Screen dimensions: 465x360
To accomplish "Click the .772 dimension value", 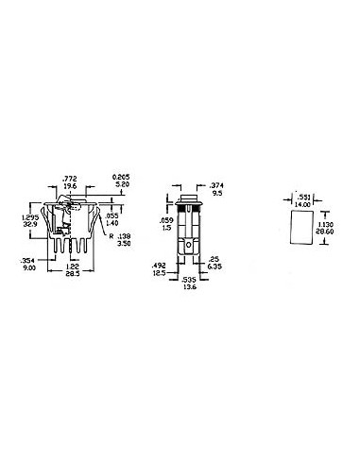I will pos(69,178).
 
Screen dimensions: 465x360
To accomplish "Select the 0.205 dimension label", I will pos(119,177).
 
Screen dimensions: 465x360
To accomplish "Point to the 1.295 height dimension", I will pos(29,217).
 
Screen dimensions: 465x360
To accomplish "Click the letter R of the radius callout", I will pos(111,236).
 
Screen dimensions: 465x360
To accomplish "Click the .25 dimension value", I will pos(214,259).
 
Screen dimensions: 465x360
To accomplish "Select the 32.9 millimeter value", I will pos(29,225).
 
